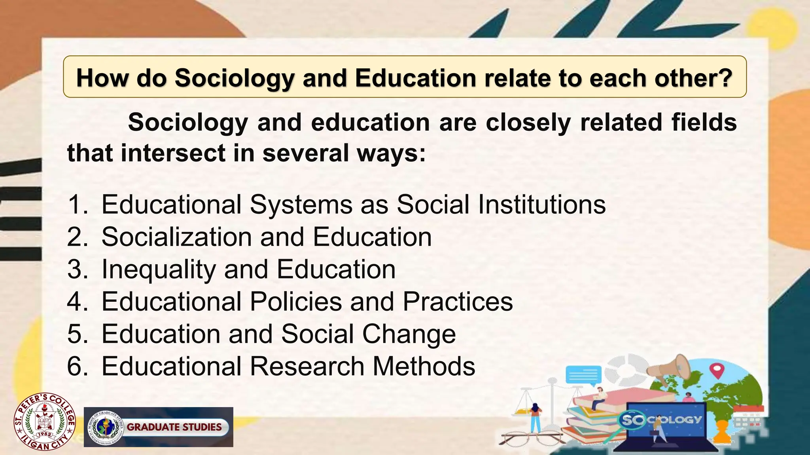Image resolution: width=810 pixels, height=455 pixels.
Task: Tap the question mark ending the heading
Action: [725, 78]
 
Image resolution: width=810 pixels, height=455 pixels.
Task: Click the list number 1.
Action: [76, 205]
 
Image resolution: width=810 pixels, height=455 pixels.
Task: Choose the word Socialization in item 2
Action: [176, 237]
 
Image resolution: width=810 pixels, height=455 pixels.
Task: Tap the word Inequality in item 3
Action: [158, 269]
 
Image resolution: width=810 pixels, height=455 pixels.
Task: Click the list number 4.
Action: [76, 302]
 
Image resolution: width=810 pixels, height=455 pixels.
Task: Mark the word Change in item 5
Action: [409, 334]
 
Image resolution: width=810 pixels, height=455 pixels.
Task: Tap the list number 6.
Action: [76, 367]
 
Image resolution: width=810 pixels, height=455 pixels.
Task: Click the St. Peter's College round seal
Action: [44, 421]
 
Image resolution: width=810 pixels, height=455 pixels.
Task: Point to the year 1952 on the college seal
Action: [44, 435]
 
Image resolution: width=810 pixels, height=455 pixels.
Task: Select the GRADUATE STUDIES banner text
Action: [174, 427]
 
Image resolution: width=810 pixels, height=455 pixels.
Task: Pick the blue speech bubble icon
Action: [584, 375]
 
